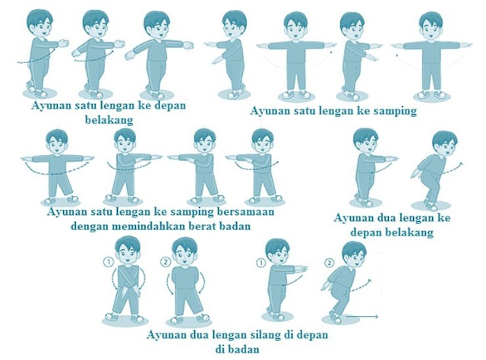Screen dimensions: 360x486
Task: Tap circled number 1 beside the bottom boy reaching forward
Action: pyautogui.click(x=262, y=263)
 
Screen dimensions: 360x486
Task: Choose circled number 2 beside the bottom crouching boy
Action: pyautogui.click(x=329, y=263)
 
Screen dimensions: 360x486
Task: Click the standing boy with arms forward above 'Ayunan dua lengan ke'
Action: pyautogui.click(x=367, y=167)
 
